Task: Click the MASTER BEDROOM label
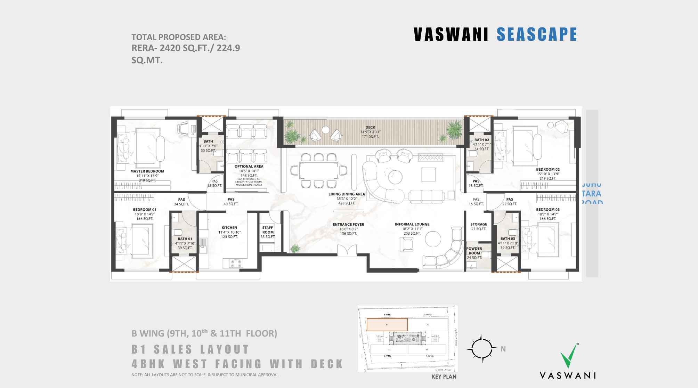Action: coord(147,171)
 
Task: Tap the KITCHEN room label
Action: coord(229,228)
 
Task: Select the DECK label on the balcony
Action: coord(370,127)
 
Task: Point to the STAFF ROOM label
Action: coord(268,230)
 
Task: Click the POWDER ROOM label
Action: coord(474,251)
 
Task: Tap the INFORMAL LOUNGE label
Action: coord(412,224)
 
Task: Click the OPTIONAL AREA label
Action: coord(249,166)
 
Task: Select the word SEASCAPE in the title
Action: coord(537,34)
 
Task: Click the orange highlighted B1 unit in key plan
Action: coord(387,324)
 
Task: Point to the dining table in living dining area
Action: coord(319,170)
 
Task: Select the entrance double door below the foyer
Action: coord(347,250)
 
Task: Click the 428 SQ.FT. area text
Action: coord(346,203)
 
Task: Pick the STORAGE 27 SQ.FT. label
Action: coord(479,226)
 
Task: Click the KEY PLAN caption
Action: coord(444,377)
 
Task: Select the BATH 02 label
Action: coord(481,140)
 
